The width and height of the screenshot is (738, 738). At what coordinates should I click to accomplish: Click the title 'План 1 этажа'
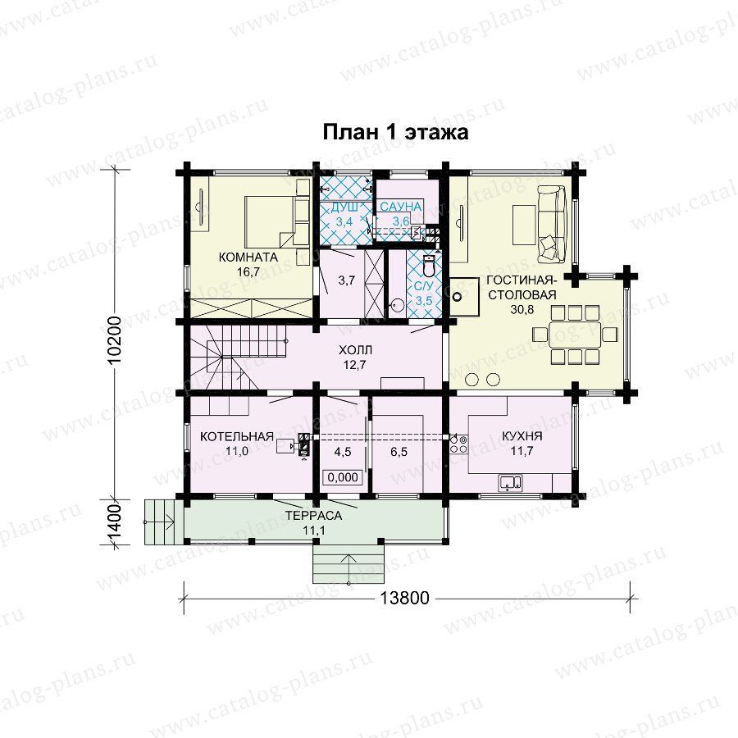coord(395,132)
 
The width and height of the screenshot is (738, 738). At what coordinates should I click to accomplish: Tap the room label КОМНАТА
coord(248,257)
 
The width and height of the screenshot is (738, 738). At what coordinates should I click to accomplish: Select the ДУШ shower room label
coord(344,207)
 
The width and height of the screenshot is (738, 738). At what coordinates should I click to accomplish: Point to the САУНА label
coord(400,207)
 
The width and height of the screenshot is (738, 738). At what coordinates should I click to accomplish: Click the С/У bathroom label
coord(423,285)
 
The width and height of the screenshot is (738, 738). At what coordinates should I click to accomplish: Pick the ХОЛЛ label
coord(355,350)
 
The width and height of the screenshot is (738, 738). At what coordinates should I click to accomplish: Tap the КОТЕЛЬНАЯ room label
coord(237,436)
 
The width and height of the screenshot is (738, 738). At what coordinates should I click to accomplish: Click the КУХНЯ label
coord(522,436)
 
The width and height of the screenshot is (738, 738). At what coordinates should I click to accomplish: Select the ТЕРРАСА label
coord(314,516)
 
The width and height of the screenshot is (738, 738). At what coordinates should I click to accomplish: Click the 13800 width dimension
coord(405,598)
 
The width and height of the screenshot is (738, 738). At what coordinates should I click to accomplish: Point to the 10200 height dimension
coord(115,339)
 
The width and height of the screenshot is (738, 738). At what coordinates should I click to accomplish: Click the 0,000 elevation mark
coord(343,477)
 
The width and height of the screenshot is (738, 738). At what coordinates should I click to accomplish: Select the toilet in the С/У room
coord(429,266)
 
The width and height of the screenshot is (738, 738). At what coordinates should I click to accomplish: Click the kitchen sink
coord(510,483)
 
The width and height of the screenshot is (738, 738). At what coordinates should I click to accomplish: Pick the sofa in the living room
coord(551,224)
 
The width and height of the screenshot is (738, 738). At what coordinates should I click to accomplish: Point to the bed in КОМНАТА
coord(277,221)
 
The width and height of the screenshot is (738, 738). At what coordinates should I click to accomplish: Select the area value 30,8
coord(522,309)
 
